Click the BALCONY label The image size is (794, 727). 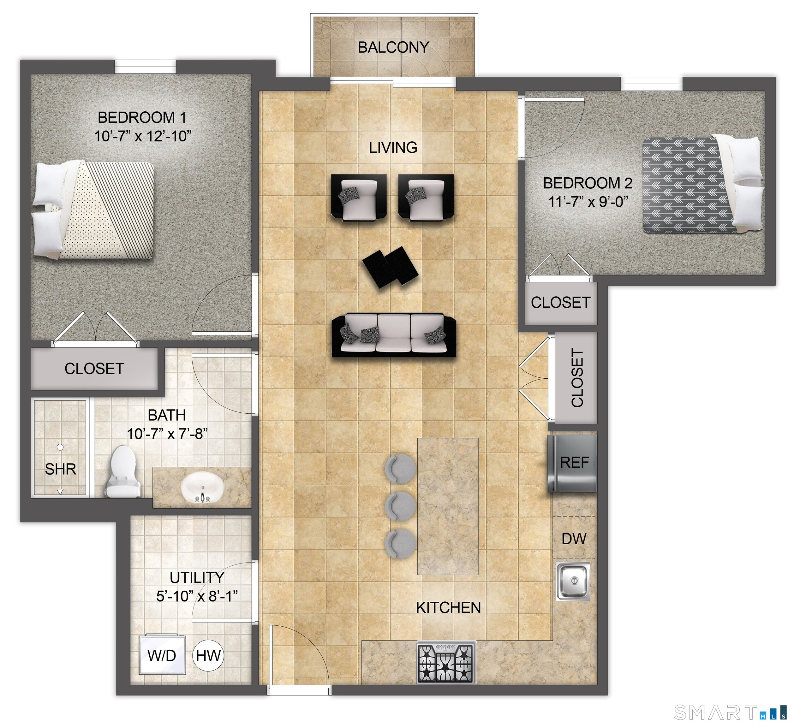pos(393,48)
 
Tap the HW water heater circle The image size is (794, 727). pos(208,655)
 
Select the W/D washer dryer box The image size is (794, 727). pos(162,655)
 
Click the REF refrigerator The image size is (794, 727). pos(572,463)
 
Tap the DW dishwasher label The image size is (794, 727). pos(574,538)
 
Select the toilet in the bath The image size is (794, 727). pos(121,470)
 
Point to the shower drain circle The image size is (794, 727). pos(60,447)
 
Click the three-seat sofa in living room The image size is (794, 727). pos(394,335)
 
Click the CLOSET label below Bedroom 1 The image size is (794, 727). pos(94,369)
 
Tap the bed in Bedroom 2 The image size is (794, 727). pos(701,185)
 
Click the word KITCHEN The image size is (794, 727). pos(448,608)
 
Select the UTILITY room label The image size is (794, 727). pos(197,577)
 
